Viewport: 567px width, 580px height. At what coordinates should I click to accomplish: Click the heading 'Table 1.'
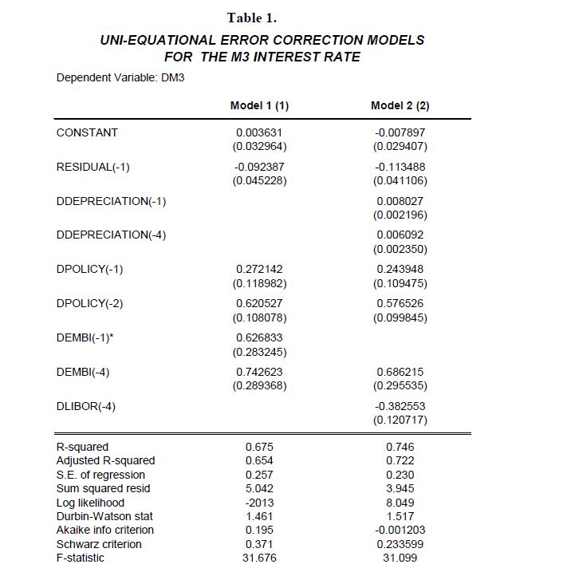251,18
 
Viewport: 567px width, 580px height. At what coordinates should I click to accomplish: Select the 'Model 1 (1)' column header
259,105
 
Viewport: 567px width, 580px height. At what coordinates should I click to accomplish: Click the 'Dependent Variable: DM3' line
120,78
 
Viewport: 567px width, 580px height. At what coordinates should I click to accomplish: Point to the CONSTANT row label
87,132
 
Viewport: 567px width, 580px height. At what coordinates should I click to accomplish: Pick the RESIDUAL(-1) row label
93,167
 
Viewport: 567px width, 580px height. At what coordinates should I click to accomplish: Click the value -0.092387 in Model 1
259,167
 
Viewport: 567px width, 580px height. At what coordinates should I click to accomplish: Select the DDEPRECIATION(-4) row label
111,235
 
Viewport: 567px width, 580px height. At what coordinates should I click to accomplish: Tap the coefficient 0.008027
400,201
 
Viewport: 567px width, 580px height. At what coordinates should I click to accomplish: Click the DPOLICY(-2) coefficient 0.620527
259,303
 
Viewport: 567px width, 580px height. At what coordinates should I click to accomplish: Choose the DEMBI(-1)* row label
85,337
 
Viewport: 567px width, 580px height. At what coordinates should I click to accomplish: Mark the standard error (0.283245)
259,352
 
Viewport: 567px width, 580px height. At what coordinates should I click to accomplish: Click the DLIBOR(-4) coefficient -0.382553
400,406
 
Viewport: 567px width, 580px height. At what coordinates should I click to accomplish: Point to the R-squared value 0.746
400,447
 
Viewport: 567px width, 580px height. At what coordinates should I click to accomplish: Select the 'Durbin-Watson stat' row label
104,516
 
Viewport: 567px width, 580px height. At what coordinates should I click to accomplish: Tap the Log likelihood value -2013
259,503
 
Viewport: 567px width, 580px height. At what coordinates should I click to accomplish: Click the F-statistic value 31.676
259,558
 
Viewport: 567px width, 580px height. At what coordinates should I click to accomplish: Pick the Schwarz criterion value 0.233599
400,544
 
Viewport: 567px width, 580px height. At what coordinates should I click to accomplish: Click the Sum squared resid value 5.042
259,488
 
